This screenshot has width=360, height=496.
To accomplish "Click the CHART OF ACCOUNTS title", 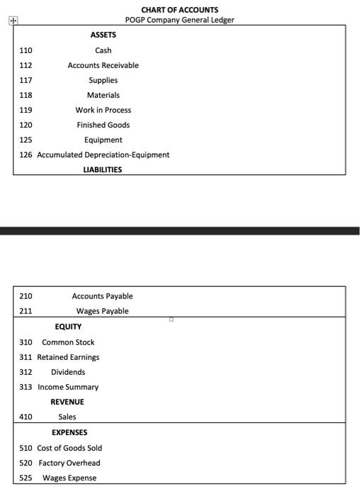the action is pos(179,10).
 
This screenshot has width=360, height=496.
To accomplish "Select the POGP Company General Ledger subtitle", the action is pos(179,19).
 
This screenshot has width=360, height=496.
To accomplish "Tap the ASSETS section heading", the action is pos(103,35).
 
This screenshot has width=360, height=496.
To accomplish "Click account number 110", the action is pos(26,50).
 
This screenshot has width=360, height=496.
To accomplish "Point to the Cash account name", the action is pos(103,50).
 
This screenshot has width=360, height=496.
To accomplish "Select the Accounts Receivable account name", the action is pos(103,65).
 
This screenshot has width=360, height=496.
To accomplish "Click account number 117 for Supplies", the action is pos(26,80).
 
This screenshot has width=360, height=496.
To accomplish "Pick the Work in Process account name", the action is pos(103,110).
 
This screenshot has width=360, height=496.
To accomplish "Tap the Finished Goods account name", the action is pos(103,125).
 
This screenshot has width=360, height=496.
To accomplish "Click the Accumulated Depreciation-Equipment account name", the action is pos(103,154).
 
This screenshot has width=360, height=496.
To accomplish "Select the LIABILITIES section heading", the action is pos(103,169).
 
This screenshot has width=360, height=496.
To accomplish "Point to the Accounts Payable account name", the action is pos(102,296).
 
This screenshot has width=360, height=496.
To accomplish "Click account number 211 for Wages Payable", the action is pos(26,311).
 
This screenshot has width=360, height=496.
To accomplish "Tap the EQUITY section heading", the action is pos(68,327).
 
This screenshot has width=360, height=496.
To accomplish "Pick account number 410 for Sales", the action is pos(26,417).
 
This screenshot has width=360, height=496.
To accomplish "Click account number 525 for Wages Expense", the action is pos(26,478).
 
